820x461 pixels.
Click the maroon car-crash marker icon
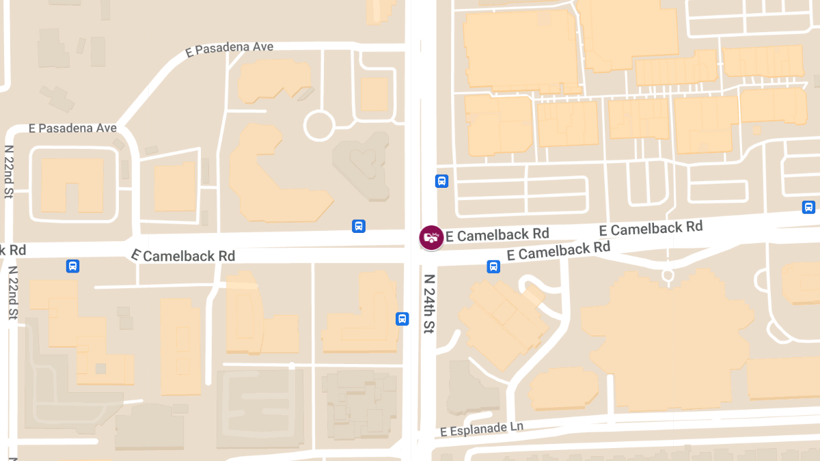(430, 237)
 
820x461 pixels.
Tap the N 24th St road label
(429, 304)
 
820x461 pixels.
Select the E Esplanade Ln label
(482, 429)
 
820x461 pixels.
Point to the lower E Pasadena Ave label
(72, 128)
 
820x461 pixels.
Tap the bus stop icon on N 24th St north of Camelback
(441, 181)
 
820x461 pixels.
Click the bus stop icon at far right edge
(808, 207)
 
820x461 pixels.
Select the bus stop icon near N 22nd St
(72, 266)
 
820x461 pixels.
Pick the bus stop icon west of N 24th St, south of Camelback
(402, 318)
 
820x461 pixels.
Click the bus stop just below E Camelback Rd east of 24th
(493, 266)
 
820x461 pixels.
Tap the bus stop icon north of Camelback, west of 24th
(358, 226)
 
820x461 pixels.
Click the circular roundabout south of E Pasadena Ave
(318, 126)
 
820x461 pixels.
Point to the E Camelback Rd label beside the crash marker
(497, 235)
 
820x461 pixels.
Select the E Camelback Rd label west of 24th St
(183, 255)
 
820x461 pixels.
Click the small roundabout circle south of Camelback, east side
(668, 275)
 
